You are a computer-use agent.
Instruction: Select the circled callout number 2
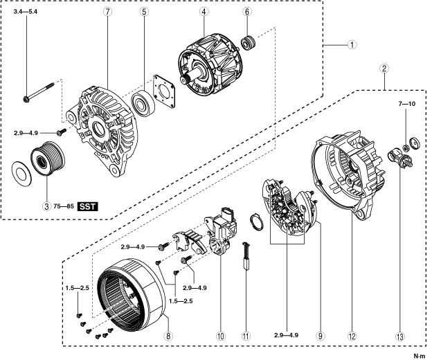point(384,69)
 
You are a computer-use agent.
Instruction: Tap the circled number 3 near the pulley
point(46,206)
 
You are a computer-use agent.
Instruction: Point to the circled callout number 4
point(204,12)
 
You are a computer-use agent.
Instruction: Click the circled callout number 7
point(107,12)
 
